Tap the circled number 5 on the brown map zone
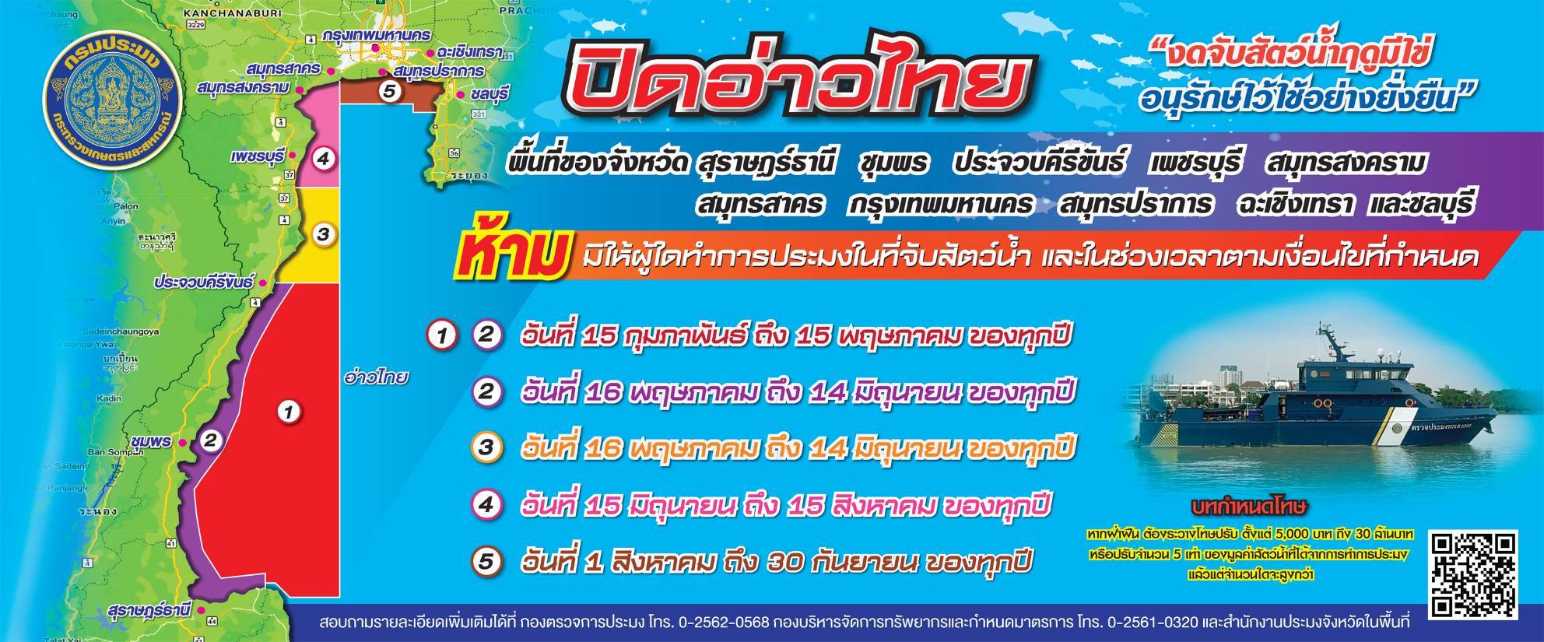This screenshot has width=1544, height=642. [391, 91]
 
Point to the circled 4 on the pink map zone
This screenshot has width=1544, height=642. [323, 160]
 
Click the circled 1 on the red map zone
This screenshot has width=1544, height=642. [289, 411]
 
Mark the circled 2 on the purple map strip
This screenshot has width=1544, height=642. [210, 440]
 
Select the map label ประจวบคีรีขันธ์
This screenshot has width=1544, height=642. [204, 282]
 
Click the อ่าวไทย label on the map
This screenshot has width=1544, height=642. [376, 378]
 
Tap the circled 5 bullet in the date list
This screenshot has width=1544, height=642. [487, 562]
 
